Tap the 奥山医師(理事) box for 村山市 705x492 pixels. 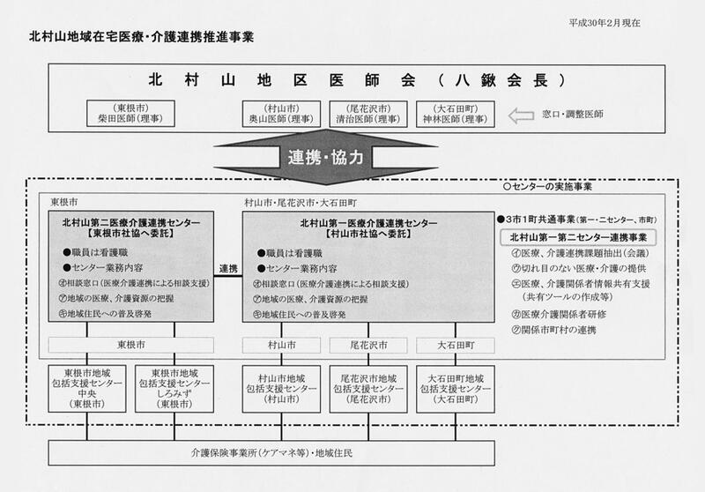(x=278, y=113)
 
